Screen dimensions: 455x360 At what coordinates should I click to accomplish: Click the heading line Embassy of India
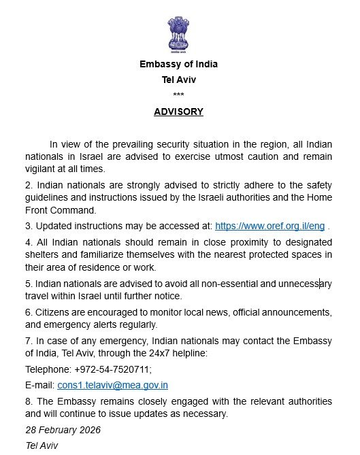178,65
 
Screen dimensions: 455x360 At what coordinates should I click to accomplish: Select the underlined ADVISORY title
178,112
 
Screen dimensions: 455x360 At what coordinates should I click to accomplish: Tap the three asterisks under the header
178,95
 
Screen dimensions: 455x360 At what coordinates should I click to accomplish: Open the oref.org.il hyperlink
269,226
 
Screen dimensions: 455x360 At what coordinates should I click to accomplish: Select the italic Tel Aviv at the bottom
42,446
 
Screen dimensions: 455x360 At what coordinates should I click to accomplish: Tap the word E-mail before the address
39,385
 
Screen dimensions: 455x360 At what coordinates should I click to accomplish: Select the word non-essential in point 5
218,284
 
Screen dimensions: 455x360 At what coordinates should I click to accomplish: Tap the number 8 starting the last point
28,401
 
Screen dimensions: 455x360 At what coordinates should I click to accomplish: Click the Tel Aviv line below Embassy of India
178,80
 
